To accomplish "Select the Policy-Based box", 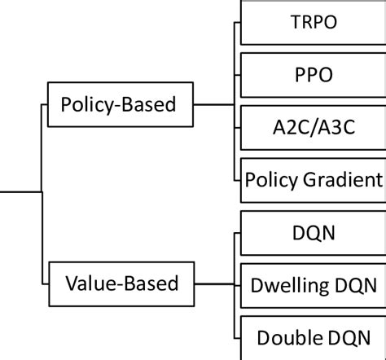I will [x=123, y=104].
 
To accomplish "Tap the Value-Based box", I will [x=123, y=284].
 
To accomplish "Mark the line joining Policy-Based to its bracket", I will [x=216, y=104].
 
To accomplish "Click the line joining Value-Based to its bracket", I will [x=216, y=284].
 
